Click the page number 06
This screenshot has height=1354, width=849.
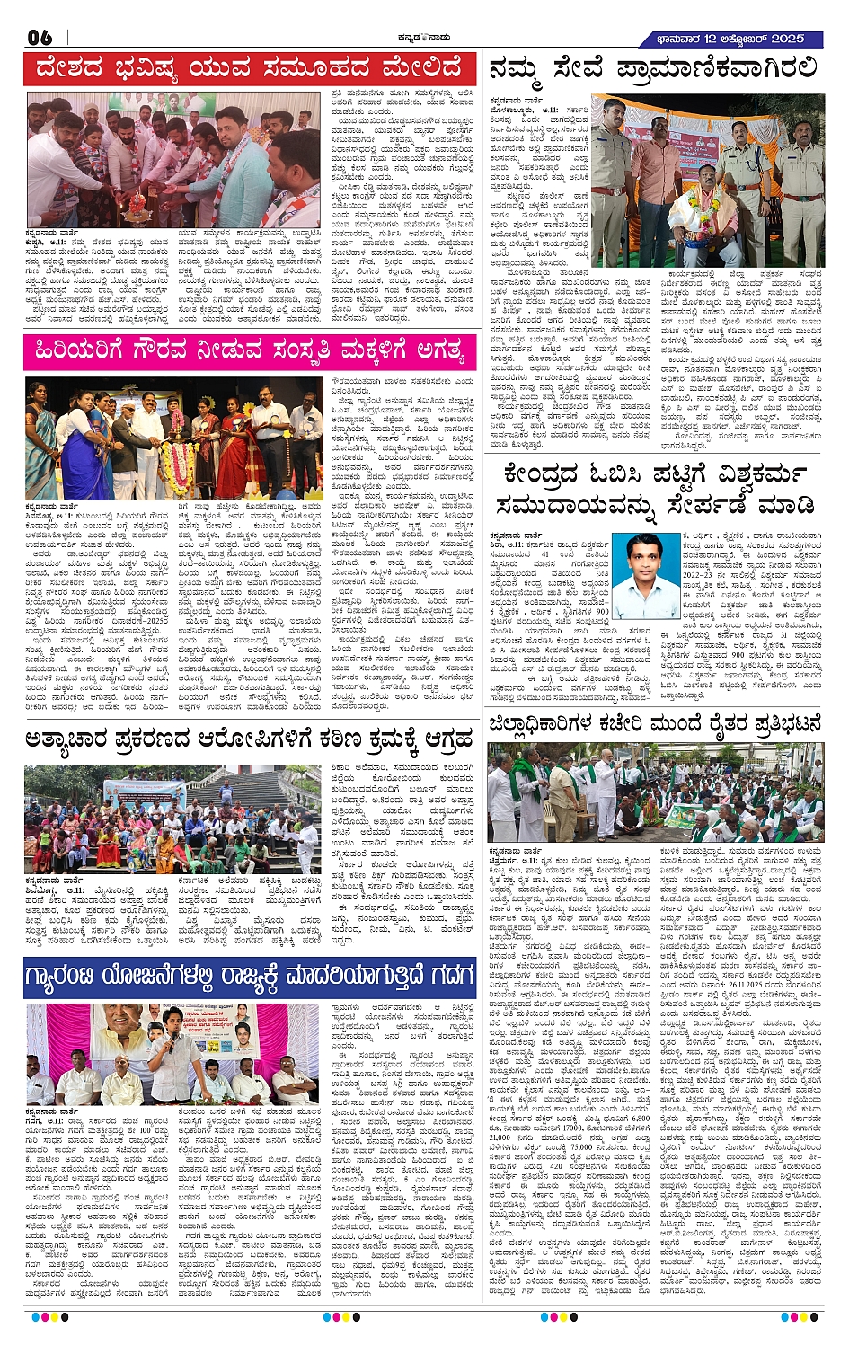click(41, 37)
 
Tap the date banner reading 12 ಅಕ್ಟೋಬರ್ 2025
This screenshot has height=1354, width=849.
click(732, 39)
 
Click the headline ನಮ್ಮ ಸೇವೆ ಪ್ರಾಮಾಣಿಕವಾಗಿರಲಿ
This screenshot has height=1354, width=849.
click(653, 69)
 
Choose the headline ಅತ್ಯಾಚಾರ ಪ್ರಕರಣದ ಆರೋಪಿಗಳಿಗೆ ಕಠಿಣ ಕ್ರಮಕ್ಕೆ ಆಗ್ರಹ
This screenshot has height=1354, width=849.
click(249, 741)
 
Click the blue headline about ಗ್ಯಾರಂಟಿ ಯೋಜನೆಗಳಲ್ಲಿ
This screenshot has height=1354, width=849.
click(249, 978)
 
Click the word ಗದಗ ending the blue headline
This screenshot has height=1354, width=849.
click(439, 978)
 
